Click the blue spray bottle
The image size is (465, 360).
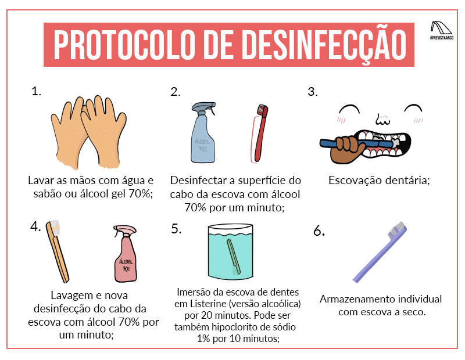pos(203,134)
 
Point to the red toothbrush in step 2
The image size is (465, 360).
pos(258,134)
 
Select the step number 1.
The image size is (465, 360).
pos(37,91)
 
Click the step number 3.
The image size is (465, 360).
pos(312,92)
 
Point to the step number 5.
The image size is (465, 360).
pos(177,229)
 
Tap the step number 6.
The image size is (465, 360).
pos(319,231)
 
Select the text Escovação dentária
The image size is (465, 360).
pos(379,181)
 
